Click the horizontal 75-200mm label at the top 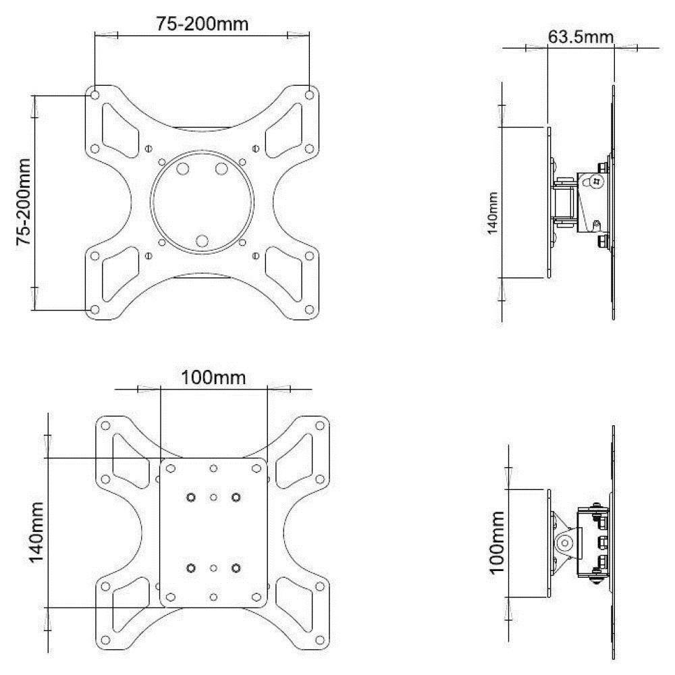(202, 24)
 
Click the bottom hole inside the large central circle (202, 240)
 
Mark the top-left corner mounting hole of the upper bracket (94, 92)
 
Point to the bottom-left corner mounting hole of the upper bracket (94, 310)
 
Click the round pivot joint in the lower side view (566, 542)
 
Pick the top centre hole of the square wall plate (213, 468)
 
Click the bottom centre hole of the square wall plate (213, 597)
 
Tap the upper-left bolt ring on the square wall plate (191, 497)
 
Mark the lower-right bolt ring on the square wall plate (236, 568)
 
